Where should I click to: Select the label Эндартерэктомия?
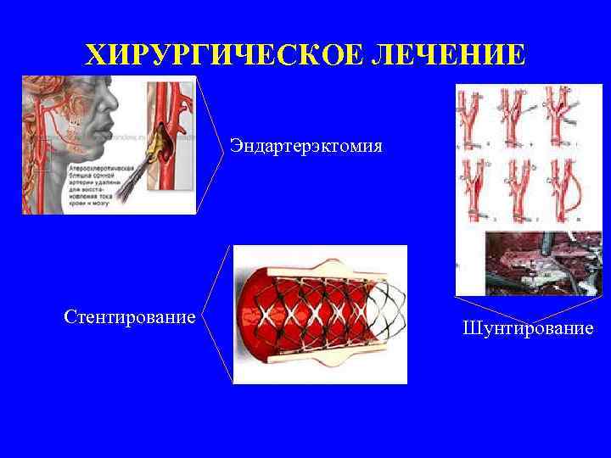pyautogui.click(x=305, y=146)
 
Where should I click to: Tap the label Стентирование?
pyautogui.click(x=130, y=316)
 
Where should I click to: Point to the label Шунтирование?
pyautogui.click(x=528, y=327)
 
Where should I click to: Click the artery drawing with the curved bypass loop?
pyautogui.click(x=565, y=187)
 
